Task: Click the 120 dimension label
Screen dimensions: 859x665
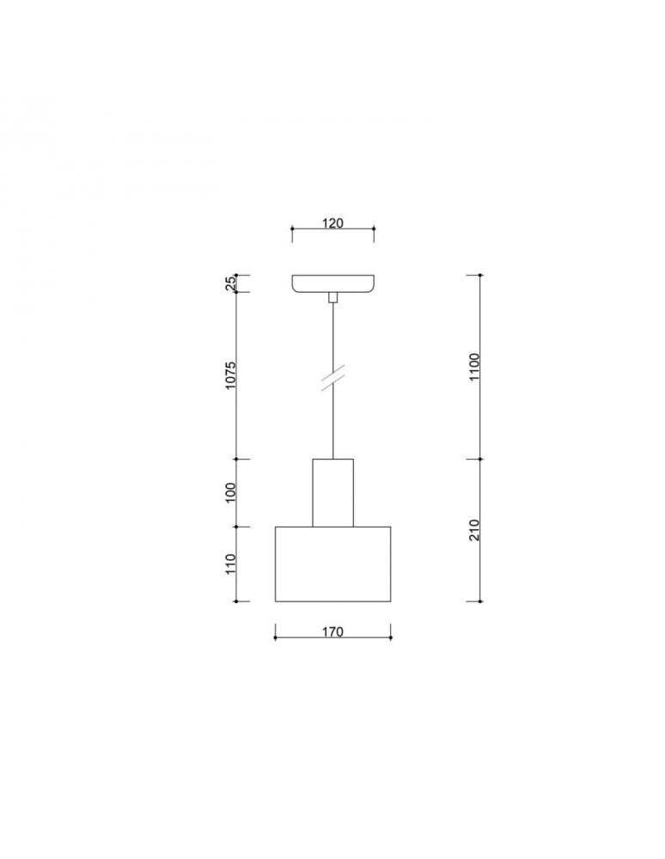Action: tap(332, 223)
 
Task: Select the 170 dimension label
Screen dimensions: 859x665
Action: tap(332, 632)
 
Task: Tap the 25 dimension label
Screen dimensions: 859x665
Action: tap(231, 283)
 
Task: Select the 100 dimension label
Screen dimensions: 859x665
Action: tap(231, 493)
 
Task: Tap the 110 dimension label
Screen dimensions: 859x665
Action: tap(231, 564)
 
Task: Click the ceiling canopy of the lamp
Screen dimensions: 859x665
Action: tap(332, 283)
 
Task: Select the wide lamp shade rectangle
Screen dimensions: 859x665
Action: tap(332, 564)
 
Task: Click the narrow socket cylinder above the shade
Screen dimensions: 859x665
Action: tap(332, 493)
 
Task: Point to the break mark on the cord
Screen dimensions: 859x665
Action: tap(332, 379)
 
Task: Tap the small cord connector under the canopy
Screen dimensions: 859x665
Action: tap(332, 297)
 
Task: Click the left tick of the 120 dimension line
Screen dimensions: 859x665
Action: tap(292, 229)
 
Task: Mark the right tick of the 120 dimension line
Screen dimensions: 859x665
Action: tap(374, 229)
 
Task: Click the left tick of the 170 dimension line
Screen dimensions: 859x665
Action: tap(275, 637)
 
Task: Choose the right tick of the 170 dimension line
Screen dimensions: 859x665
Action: tap(391, 637)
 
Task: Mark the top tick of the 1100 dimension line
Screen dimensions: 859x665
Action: tap(479, 275)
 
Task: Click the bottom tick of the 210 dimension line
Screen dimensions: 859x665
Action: tap(479, 600)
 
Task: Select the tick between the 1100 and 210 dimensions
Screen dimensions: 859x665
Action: tap(479, 460)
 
